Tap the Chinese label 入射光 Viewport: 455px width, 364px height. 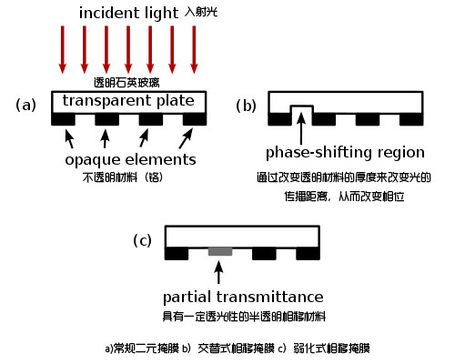coord(201,12)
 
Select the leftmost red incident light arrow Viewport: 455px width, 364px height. coord(63,50)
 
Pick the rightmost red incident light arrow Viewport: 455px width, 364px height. coord(194,50)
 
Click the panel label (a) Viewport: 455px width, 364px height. coord(25,105)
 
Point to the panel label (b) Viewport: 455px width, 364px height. coord(246,106)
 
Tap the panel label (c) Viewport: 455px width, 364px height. coord(142,240)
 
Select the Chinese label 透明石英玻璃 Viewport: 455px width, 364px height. coord(126,83)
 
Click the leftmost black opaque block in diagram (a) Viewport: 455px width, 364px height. coord(63,119)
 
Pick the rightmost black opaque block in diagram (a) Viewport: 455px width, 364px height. coord(195,119)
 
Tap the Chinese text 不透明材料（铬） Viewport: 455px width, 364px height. coord(123,177)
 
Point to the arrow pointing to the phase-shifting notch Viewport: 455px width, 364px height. coord(301,128)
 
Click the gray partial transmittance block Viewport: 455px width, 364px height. coord(220,251)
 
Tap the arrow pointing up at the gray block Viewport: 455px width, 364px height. coord(218,272)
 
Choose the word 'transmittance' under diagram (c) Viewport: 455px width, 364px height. coord(269,297)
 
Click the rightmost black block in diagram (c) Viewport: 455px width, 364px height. coord(308,254)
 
